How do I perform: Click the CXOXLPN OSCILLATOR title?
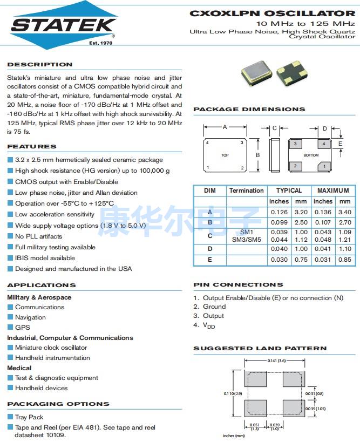[272, 13]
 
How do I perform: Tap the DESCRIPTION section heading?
[40, 65]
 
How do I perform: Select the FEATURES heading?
[32, 147]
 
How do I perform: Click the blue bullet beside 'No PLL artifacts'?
[10, 236]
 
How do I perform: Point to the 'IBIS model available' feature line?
[45, 258]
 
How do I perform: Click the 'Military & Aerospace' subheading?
[39, 297]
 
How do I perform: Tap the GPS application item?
[23, 327]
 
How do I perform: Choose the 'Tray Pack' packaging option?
[29, 417]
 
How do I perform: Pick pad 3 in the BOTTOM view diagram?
[295, 144]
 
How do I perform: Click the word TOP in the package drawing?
[225, 155]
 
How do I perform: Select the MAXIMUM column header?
[333, 191]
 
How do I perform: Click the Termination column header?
[246, 191]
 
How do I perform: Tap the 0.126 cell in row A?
[279, 213]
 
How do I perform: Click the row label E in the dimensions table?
[209, 260]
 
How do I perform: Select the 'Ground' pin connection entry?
[214, 307]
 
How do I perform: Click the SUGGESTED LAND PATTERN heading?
[260, 349]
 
